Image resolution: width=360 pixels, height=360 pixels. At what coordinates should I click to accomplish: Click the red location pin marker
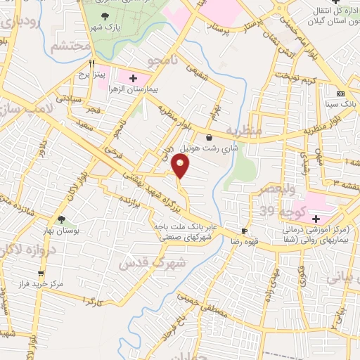coord(181,167)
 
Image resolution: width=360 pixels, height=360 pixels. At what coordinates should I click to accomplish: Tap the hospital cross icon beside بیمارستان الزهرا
coord(133,75)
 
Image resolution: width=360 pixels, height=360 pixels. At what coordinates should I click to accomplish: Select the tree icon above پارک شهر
coord(105,15)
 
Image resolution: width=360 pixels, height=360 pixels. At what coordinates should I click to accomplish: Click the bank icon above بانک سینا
coord(341,94)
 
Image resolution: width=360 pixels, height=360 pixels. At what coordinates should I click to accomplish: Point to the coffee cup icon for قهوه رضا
coord(244,231)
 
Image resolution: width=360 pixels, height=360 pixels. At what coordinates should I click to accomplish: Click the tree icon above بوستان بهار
coord(62,220)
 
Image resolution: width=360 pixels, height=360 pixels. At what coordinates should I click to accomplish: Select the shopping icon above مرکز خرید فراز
coord(41,274)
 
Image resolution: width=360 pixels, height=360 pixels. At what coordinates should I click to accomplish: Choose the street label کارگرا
coord(93,301)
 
